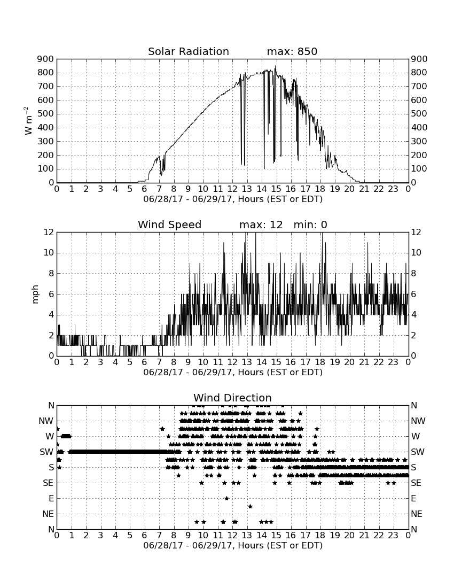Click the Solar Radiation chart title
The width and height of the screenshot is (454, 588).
click(x=189, y=51)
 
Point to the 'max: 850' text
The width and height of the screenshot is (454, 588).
click(x=292, y=51)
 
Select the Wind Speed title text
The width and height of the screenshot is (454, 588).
click(x=170, y=225)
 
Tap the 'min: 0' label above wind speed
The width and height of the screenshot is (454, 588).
click(x=310, y=225)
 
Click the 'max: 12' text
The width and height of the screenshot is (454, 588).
click(x=261, y=225)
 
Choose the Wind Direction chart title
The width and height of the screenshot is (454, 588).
click(x=232, y=398)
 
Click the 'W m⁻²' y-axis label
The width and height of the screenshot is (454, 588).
click(x=28, y=121)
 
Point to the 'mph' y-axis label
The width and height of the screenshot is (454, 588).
click(x=35, y=295)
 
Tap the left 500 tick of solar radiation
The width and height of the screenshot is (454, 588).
click(x=46, y=114)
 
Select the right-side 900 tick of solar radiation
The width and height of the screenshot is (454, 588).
click(x=419, y=59)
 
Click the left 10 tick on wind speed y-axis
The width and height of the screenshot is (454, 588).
click(x=49, y=253)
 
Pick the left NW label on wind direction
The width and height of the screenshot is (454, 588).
click(x=46, y=421)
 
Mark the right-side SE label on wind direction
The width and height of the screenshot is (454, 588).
click(x=416, y=483)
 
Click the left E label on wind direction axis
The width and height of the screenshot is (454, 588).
click(x=51, y=498)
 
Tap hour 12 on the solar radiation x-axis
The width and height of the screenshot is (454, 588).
click(x=232, y=189)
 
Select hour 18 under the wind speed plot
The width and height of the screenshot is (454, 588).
click(x=320, y=362)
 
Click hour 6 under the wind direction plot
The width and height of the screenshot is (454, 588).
click(x=145, y=535)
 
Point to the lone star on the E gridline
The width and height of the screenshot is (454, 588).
click(x=226, y=498)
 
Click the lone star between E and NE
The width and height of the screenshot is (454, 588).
click(x=250, y=506)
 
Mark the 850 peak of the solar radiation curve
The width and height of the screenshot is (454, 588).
click(x=275, y=66)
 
